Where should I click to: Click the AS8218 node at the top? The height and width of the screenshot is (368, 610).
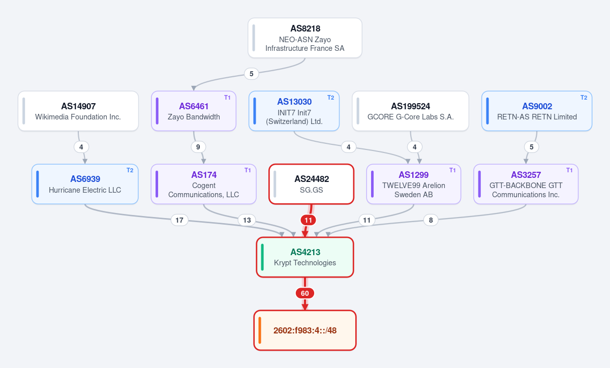coord(304,38)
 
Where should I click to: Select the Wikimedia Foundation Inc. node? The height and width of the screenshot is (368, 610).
coord(78,111)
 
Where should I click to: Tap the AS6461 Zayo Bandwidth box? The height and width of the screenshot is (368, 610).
coord(194,111)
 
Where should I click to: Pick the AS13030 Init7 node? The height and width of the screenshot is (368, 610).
coord(294,111)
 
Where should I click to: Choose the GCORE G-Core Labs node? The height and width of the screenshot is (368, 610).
coord(410,111)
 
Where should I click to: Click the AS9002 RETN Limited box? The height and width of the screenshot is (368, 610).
coord(537,111)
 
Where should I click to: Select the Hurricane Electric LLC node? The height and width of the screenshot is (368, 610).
coord(85,184)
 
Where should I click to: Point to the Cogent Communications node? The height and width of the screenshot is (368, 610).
coord(204,184)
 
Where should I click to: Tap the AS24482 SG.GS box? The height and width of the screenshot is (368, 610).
coord(311,184)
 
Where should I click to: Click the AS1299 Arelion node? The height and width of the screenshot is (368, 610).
coord(414,184)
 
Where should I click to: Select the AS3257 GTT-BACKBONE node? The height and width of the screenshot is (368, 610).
coord(526,184)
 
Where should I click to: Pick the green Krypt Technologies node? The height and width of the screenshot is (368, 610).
coord(305,257)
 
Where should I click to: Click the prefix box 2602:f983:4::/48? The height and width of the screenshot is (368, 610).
coord(305,330)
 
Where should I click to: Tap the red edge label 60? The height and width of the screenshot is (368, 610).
coord(305,293)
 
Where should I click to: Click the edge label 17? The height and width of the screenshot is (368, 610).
coord(179,220)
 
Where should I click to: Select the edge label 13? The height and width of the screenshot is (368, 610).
coord(247,220)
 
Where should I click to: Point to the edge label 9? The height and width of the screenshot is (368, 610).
coord(198,147)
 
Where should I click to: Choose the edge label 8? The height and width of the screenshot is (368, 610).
coord(431,220)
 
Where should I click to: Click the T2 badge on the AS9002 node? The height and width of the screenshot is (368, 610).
coord(584,98)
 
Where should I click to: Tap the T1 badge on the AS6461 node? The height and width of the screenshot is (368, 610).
coord(227,98)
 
